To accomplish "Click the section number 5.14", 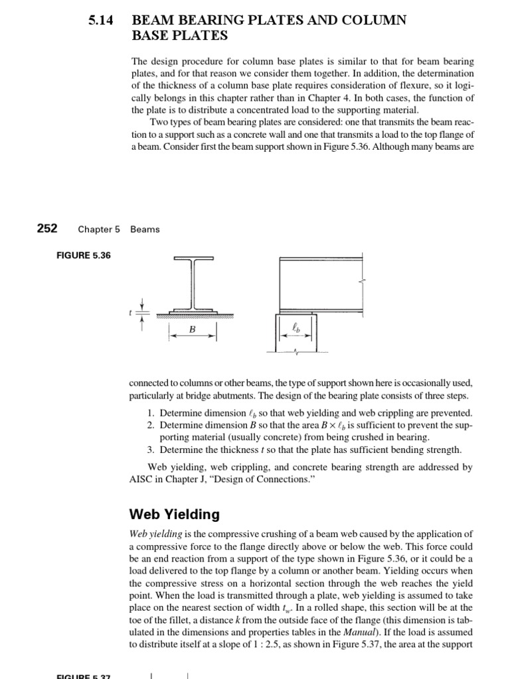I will coord(100,21).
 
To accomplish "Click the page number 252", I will coord(46,229).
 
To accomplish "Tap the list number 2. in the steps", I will coord(151,424).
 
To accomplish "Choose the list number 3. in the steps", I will coord(151,449).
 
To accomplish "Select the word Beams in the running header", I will coord(145,229).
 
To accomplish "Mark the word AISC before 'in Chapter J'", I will coord(143,479).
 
